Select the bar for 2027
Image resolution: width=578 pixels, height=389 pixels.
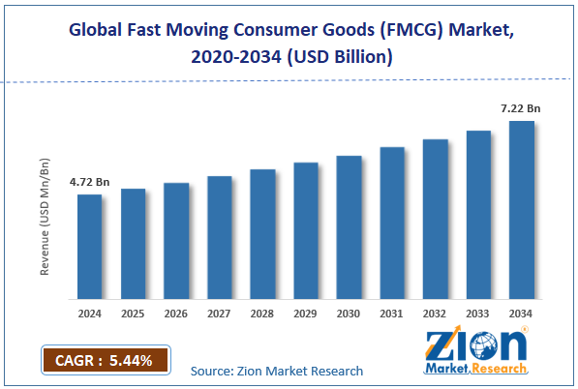[x=219, y=237]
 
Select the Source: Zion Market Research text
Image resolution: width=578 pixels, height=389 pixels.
[x=276, y=371]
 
